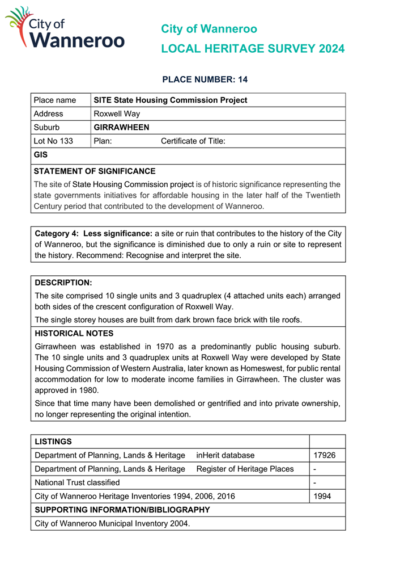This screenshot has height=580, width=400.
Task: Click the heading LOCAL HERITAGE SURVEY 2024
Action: pyautogui.click(x=252, y=49)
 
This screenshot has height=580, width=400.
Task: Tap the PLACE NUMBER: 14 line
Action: pyautogui.click(x=205, y=79)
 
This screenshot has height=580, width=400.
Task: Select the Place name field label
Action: pyautogui.click(x=55, y=100)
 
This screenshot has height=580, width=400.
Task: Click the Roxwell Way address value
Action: pyautogui.click(x=117, y=114)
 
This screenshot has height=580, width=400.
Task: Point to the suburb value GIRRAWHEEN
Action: pyautogui.click(x=121, y=127)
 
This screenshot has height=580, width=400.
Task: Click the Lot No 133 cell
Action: pyautogui.click(x=53, y=141)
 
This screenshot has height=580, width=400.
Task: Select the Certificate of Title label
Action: pyautogui.click(x=193, y=141)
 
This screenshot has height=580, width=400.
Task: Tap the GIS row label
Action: pyautogui.click(x=41, y=154)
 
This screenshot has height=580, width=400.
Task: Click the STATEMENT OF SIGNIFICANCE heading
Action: pyautogui.click(x=95, y=171)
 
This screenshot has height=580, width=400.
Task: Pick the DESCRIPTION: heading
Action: pyautogui.click(x=63, y=282)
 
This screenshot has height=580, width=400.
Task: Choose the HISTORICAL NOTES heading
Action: pyautogui.click(x=74, y=333)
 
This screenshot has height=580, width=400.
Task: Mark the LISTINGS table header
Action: pyautogui.click(x=53, y=441)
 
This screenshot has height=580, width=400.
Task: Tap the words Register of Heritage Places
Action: pyautogui.click(x=245, y=469)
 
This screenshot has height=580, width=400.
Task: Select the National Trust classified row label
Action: pyautogui.click(x=78, y=482)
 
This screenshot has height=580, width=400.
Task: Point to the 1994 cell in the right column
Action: pyautogui.click(x=322, y=496)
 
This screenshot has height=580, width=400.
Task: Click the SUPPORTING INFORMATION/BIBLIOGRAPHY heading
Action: pyautogui.click(x=122, y=510)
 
